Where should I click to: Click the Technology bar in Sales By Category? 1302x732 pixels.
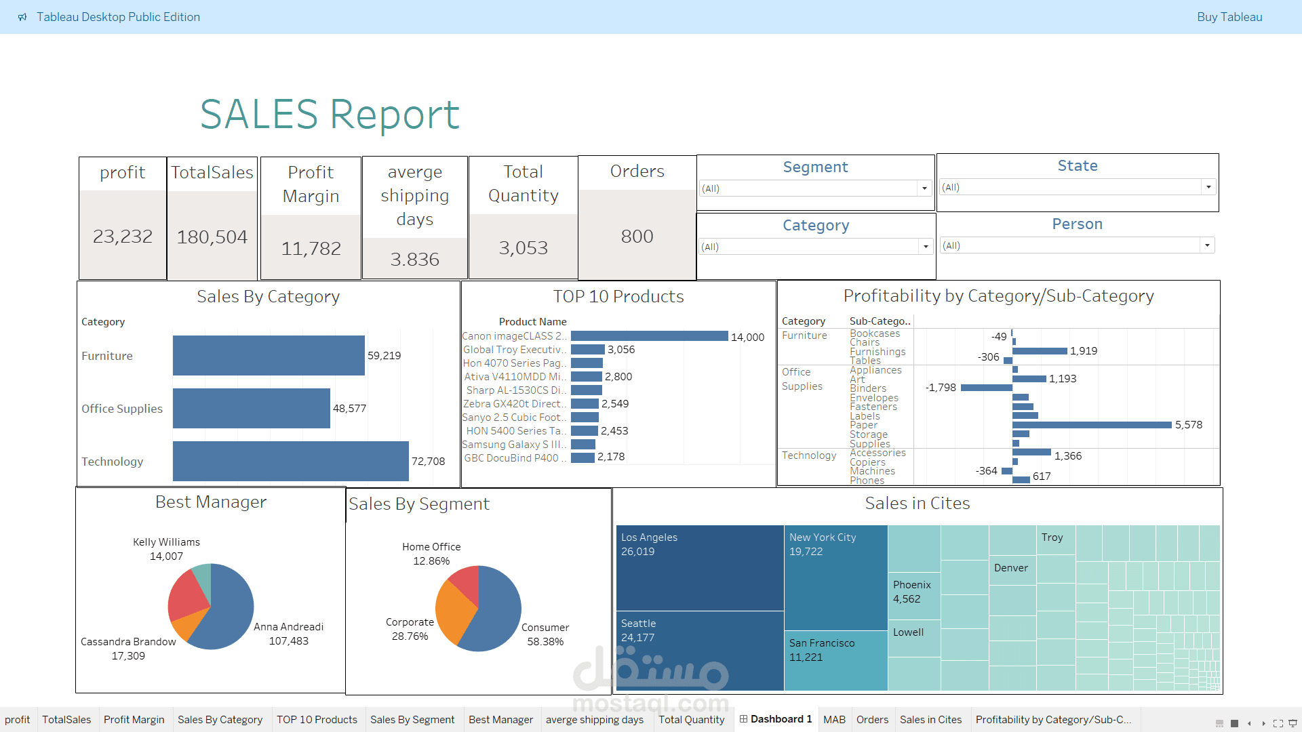pyautogui.click(x=290, y=461)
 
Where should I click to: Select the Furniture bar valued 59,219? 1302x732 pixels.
pyautogui.click(x=269, y=355)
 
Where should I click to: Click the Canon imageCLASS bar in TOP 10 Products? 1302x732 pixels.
pyautogui.click(x=649, y=336)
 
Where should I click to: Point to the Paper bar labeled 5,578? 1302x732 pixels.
pyautogui.click(x=1092, y=425)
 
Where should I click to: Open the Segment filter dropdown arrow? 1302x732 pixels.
pyautogui.click(x=924, y=188)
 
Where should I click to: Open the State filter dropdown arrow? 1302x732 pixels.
pyautogui.click(x=1208, y=187)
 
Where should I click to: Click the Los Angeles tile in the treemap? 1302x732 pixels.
pyautogui.click(x=699, y=568)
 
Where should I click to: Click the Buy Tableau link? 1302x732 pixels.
pyautogui.click(x=1229, y=17)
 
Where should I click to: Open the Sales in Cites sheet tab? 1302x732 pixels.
pyautogui.click(x=930, y=719)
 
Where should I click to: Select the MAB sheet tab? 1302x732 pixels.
pyautogui.click(x=833, y=719)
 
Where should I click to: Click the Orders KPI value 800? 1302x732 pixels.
pyautogui.click(x=637, y=236)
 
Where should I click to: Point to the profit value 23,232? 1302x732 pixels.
pyautogui.click(x=123, y=236)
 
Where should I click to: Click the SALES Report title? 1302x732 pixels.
pyautogui.click(x=330, y=114)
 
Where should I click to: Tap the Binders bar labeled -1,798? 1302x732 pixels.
pyautogui.click(x=986, y=388)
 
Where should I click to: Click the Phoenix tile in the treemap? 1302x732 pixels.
pyautogui.click(x=913, y=591)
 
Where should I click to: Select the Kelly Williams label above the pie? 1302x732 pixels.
pyautogui.click(x=166, y=542)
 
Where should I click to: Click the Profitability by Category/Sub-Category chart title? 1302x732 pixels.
pyautogui.click(x=998, y=296)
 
